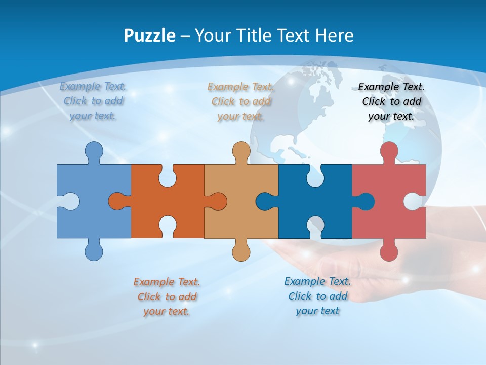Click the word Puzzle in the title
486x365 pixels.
coord(150,35)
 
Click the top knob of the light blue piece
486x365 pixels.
coord(94,151)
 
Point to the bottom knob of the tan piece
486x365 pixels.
coord(241,251)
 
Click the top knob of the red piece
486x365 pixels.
coord(389,151)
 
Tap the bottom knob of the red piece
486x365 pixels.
coord(389,251)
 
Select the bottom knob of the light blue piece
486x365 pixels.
coord(94,251)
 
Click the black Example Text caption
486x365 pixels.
coord(391,101)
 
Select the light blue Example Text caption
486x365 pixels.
coord(93,101)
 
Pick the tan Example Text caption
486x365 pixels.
coord(241,101)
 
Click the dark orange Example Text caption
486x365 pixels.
coord(167,296)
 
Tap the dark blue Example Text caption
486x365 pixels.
coord(317,296)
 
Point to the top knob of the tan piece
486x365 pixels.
coord(241,151)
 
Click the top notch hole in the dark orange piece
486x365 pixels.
coord(167,175)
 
